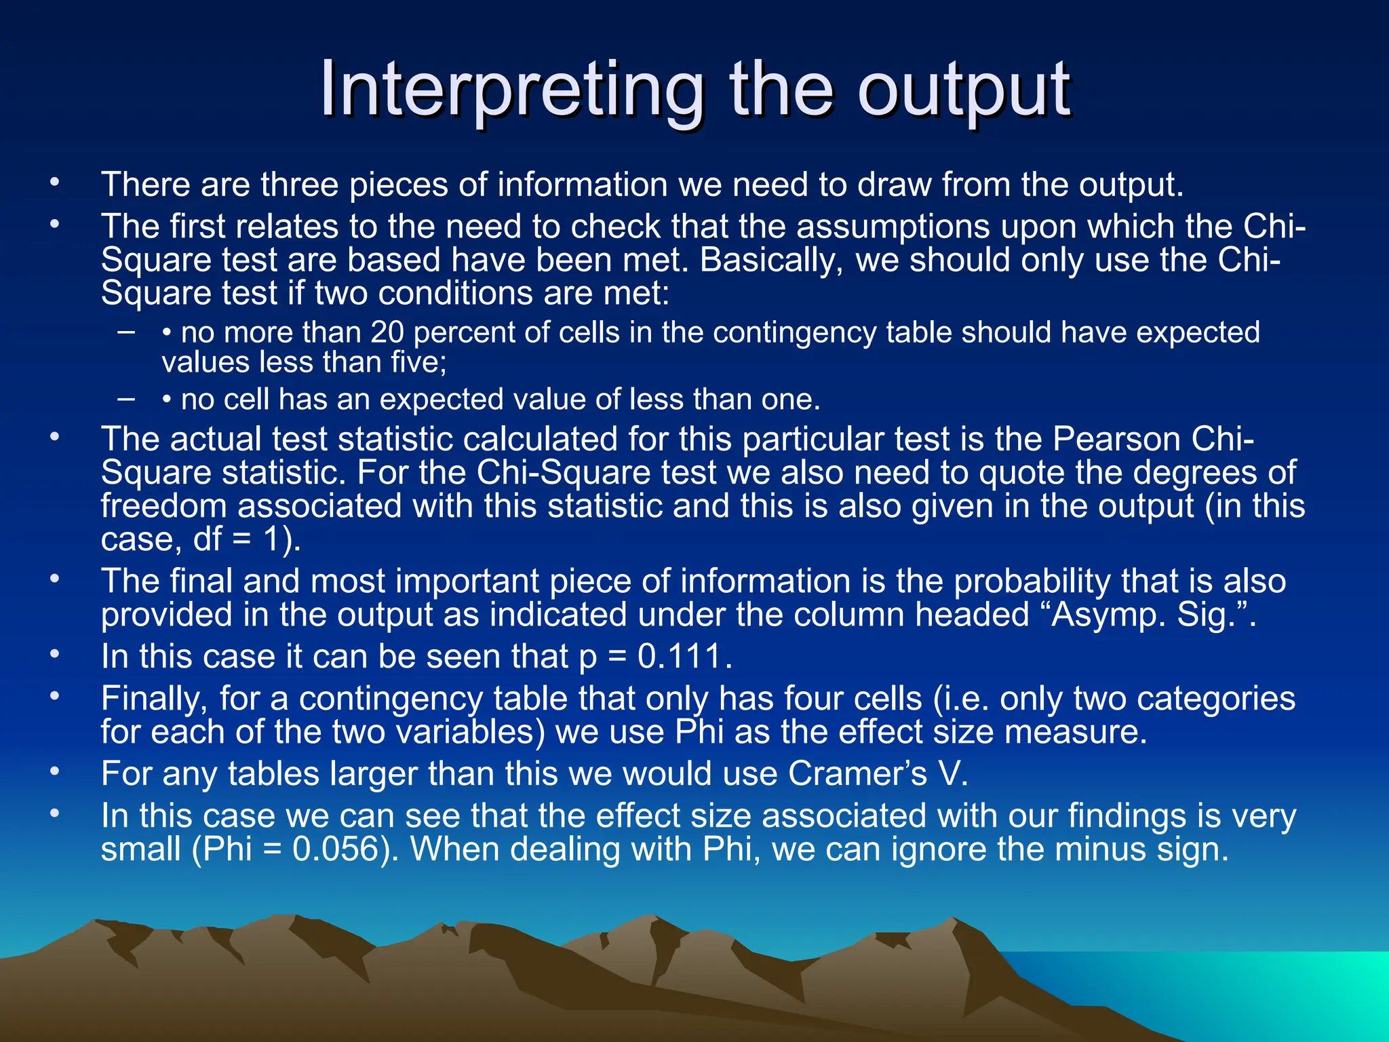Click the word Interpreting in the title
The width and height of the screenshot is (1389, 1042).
[x=512, y=90]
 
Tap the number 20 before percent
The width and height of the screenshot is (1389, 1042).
[x=387, y=333]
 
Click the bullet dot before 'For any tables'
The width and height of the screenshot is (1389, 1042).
[x=54, y=771]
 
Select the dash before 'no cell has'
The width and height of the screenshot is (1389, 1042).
[x=126, y=398]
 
